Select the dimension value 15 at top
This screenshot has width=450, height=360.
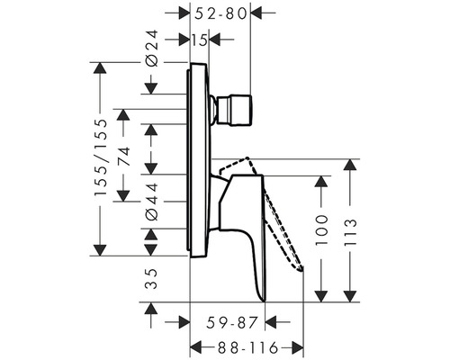tap(199, 39)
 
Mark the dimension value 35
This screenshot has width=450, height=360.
tap(151, 278)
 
